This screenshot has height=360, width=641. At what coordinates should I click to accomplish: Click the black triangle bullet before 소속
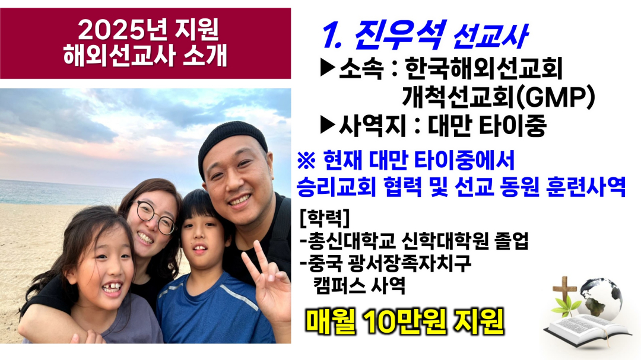coord(328,68)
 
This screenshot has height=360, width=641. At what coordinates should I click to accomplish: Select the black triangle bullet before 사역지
coord(328,125)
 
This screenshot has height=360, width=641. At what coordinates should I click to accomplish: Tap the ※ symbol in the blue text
coord(306,161)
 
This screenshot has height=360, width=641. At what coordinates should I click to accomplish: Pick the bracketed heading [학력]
coord(325,219)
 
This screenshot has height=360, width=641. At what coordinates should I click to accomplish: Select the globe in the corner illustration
coord(601,300)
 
